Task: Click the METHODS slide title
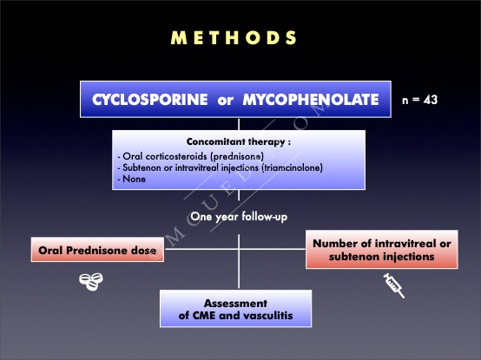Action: point(234,37)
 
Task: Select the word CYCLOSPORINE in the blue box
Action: point(150,100)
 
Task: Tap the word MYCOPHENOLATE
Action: point(311,100)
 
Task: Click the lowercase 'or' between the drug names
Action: point(226,101)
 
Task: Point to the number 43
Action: point(431,100)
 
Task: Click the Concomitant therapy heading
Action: point(239,142)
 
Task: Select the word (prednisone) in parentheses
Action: point(237,156)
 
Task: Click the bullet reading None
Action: point(132,179)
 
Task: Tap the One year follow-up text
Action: point(239,217)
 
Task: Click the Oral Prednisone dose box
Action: point(97,249)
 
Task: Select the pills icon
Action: point(91,282)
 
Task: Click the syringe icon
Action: point(394,285)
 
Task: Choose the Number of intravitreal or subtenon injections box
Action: point(382,249)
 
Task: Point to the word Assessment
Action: point(235,304)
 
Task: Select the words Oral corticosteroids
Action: point(165,156)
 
